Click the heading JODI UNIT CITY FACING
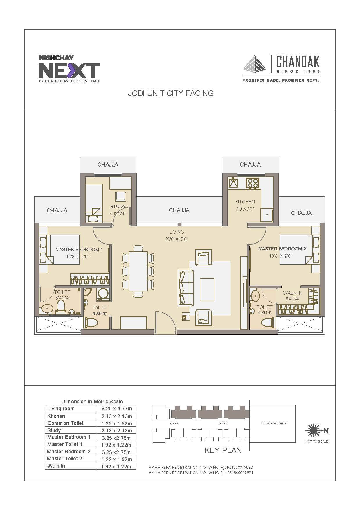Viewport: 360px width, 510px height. tap(171, 93)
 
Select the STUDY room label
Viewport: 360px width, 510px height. tap(118, 207)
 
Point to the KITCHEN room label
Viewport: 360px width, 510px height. tap(245, 202)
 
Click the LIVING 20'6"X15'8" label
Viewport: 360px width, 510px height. tap(177, 236)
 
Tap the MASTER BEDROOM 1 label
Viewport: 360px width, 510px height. tap(79, 250)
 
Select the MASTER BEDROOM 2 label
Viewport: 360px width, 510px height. tap(282, 249)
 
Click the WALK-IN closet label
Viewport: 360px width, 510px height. tap(293, 293)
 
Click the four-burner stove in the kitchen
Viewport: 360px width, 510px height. tap(252, 183)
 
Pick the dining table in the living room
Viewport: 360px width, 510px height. tap(138, 271)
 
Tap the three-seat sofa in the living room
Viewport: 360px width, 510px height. tap(185, 288)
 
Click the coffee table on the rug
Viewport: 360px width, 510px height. tap(207, 289)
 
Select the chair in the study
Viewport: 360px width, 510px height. tap(120, 197)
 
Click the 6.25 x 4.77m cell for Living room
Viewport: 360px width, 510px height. tap(116, 409)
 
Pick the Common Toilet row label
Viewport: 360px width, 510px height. tap(66, 423)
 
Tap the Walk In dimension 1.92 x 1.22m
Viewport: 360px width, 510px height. tap(116, 467)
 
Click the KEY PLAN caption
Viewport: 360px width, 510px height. tap(223, 450)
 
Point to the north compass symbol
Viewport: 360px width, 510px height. tap(313, 430)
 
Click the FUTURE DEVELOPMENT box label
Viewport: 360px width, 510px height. tap(274, 423)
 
